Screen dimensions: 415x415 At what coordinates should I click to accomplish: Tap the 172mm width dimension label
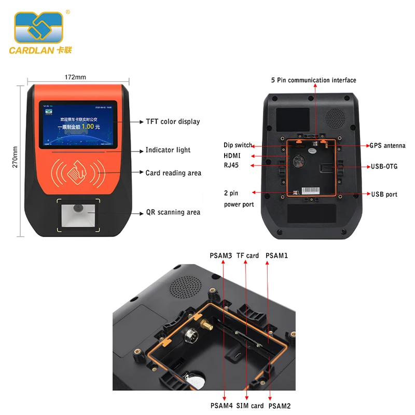(x=75, y=77)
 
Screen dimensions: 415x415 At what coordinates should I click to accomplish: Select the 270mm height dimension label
(x=15, y=156)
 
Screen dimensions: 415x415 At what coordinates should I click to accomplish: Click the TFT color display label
(x=172, y=122)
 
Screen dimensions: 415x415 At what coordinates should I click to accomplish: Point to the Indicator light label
(x=168, y=150)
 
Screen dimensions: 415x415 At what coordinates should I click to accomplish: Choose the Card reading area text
(x=173, y=173)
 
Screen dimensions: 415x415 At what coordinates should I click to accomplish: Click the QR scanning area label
(x=172, y=212)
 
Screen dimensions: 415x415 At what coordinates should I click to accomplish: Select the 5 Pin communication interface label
(x=313, y=80)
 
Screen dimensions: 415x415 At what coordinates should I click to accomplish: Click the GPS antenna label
(x=387, y=146)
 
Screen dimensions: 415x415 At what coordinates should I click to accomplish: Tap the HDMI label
(x=232, y=156)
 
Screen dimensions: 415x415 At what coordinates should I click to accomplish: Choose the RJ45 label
(x=231, y=165)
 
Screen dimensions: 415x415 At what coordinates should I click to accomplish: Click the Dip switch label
(x=238, y=145)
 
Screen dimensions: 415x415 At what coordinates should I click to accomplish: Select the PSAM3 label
(x=220, y=255)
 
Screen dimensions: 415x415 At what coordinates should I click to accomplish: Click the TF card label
(x=247, y=255)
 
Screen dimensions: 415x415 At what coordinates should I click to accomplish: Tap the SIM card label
(x=250, y=406)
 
